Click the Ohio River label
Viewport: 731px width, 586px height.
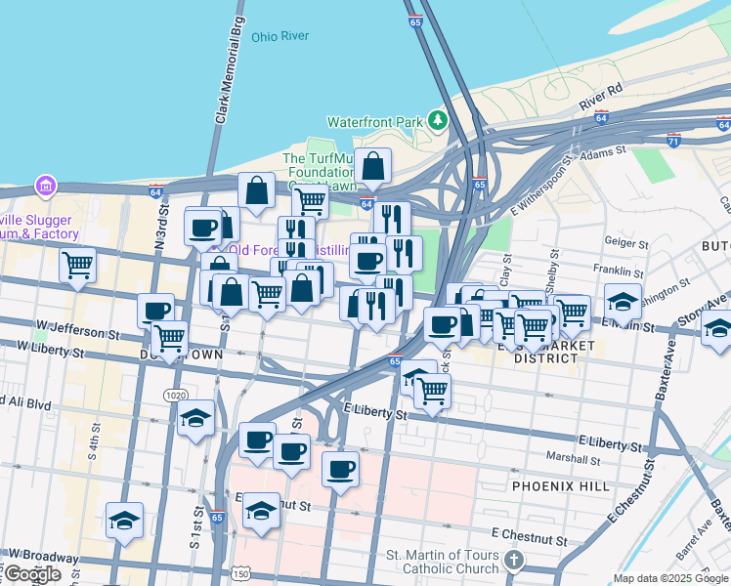[x=279, y=36]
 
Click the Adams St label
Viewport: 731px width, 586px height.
[x=602, y=152]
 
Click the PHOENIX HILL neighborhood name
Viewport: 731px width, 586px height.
[x=560, y=485]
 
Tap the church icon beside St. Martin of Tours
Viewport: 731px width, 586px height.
[x=515, y=561]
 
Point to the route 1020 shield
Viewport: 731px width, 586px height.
[x=175, y=395]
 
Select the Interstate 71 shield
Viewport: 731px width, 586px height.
[x=673, y=141]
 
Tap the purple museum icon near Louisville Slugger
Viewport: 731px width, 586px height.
[x=43, y=185]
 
